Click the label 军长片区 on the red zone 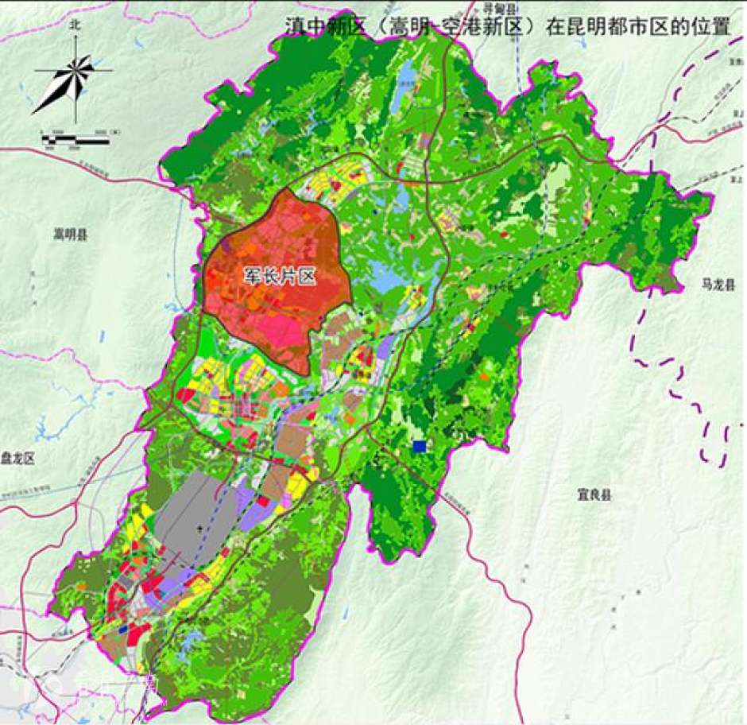tap(280, 277)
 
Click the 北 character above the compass tap(75, 25)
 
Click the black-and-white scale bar tap(75, 141)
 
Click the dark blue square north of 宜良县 tap(420, 448)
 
